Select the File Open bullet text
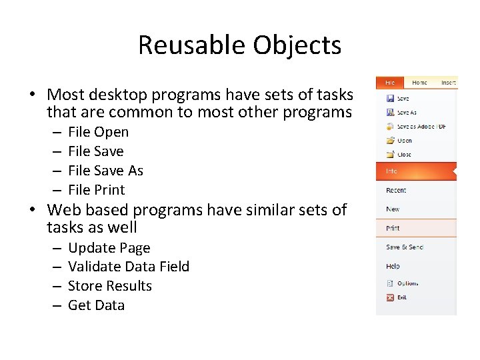[x=98, y=132]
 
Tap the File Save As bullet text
[x=105, y=171]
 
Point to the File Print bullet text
[x=97, y=190]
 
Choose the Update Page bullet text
[x=109, y=248]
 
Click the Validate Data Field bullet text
[x=129, y=267]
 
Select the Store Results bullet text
[x=110, y=286]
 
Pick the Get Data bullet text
[x=97, y=305]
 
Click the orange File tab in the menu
[x=390, y=83]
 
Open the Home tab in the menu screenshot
[x=420, y=83]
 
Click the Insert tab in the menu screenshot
[x=448, y=83]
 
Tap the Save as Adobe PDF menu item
[x=421, y=127]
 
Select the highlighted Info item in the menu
[x=392, y=171]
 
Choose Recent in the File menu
[x=396, y=191]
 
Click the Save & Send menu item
[x=405, y=247]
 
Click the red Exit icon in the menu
[x=390, y=297]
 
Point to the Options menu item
[x=407, y=283]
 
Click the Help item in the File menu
[x=393, y=266]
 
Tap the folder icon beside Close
[x=390, y=155]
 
